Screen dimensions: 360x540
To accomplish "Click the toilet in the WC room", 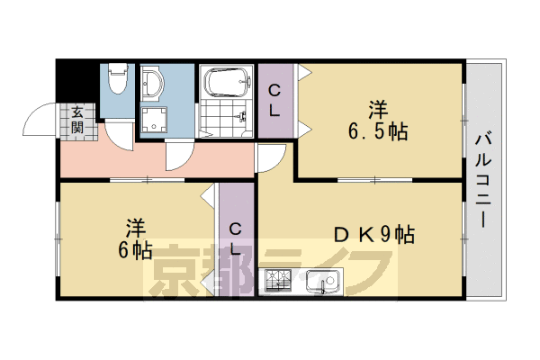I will pos(115,84).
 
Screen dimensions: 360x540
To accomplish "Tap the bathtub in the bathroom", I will pos(226,82).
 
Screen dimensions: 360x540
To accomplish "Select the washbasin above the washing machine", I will pos(154,86).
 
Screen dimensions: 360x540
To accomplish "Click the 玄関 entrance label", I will pos(77,120).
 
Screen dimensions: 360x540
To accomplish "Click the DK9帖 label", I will pos(374,236).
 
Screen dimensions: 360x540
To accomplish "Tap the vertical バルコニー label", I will pos(483,180).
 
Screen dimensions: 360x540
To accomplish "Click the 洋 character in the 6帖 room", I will pos(136,225).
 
